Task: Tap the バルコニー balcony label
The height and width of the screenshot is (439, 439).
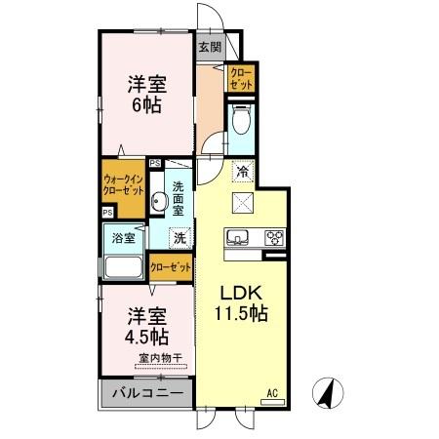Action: tap(146, 393)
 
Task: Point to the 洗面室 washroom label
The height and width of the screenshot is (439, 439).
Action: tap(180, 197)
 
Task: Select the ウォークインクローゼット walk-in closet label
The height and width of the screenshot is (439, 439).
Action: tap(123, 184)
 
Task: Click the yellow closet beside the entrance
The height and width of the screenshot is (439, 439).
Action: tap(240, 79)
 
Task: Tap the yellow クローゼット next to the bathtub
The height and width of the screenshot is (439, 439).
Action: tap(171, 266)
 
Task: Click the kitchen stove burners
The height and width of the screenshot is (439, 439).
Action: tap(274, 237)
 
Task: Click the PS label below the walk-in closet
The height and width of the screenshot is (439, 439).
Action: tap(107, 212)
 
